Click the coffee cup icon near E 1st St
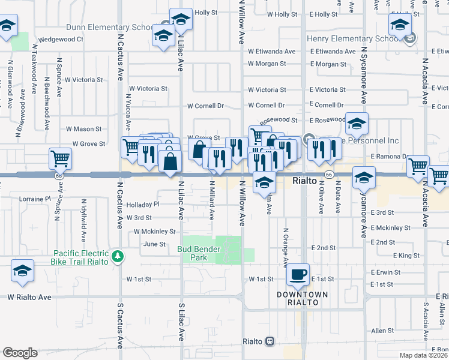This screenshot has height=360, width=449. coord(298,275)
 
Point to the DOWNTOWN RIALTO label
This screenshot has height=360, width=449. coord(302,298)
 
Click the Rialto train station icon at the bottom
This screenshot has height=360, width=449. coord(270,341)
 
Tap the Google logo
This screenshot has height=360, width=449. coord(20,353)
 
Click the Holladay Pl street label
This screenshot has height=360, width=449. coord(143,204)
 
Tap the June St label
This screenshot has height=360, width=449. coord(154,244)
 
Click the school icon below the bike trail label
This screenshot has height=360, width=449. coord(22,271)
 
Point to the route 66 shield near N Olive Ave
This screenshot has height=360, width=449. coord(329,174)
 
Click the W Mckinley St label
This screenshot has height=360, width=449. coord(155,231)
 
